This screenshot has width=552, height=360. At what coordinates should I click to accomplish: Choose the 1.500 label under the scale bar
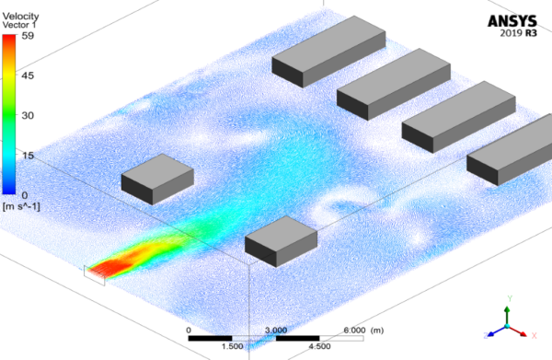[231, 347]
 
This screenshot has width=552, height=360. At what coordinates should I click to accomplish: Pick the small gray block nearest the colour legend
[157, 178]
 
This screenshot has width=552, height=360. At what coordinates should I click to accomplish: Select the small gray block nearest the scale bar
[281, 241]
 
